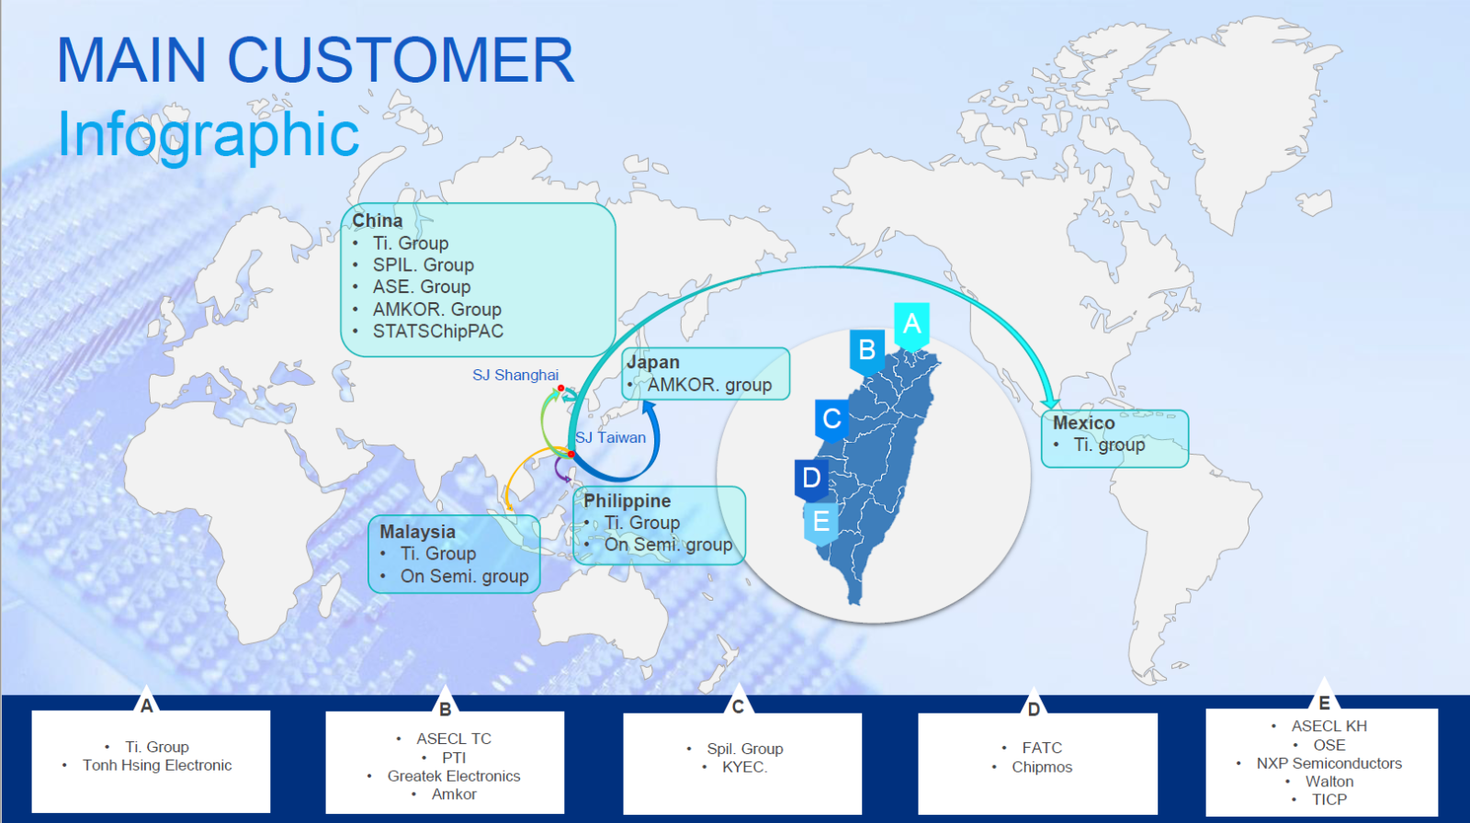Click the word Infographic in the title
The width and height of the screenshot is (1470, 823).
[x=208, y=135]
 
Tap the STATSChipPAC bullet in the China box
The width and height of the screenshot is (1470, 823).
[x=437, y=332]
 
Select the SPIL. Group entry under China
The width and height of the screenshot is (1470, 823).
[x=424, y=265]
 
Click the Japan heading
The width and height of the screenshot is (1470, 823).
[x=653, y=362]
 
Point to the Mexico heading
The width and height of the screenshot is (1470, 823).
[x=1083, y=423]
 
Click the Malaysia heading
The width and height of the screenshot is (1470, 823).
[x=417, y=532]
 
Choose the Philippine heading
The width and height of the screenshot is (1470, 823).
[x=628, y=501]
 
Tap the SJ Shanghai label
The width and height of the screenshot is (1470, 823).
[x=515, y=376]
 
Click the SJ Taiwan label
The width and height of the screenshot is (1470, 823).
[x=610, y=438]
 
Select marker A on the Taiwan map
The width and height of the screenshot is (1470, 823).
[x=911, y=325]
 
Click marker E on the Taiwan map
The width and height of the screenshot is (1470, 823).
[x=821, y=523]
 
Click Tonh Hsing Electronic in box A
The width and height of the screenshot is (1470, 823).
[x=157, y=765]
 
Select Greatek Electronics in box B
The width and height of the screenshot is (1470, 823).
[x=454, y=776]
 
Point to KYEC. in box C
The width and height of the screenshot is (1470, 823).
[x=745, y=767]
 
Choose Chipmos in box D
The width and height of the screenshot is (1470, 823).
[x=1042, y=767]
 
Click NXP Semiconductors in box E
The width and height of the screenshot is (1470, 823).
[x=1329, y=763]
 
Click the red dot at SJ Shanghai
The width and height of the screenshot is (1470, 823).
[x=561, y=389]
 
